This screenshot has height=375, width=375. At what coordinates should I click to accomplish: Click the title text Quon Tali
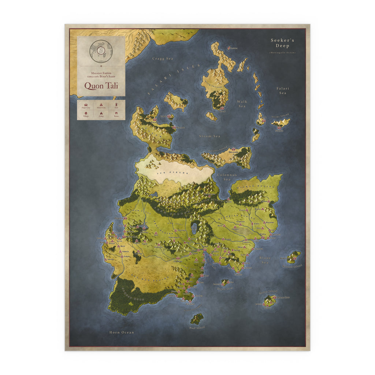point(100,85)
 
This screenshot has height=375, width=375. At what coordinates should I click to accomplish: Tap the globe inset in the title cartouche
point(101,51)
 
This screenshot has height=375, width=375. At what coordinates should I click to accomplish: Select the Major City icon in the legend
point(86,105)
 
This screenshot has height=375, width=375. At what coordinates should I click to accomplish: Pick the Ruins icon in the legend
point(116,113)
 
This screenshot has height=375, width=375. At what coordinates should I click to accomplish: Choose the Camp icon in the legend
point(101,113)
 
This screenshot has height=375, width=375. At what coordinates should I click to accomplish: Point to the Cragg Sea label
point(163,59)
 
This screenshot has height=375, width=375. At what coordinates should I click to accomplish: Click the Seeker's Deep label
point(282,43)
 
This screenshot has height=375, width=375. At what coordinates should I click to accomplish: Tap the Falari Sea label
point(283,90)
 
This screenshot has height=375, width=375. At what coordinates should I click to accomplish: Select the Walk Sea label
point(242,104)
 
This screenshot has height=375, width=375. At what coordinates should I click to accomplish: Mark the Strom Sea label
point(210,136)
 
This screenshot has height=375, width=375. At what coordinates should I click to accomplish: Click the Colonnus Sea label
point(227,177)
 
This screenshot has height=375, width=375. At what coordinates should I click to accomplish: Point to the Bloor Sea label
point(265,260)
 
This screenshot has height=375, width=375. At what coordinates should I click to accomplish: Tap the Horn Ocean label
point(122,333)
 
